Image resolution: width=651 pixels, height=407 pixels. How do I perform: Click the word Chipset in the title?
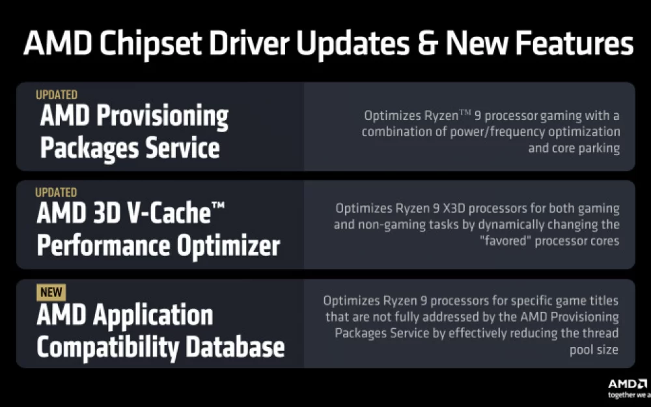point(151,43)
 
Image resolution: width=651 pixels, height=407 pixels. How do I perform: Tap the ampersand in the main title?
point(428,43)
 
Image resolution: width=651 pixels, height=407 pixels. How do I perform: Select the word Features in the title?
point(574,43)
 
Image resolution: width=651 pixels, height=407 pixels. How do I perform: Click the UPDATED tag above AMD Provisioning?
point(57,94)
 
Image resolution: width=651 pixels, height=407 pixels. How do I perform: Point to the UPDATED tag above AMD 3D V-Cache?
point(56,192)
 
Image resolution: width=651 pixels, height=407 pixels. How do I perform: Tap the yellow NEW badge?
point(51,292)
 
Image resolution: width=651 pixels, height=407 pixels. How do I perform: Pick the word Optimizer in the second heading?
point(229,246)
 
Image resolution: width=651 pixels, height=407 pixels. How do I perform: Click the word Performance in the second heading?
point(104,246)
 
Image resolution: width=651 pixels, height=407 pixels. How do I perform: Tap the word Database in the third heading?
point(235,347)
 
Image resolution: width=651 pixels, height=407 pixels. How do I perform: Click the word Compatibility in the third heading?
point(108,348)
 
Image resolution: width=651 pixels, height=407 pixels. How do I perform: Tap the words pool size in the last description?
point(594,350)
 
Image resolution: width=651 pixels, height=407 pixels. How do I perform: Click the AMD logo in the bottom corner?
point(628,384)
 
